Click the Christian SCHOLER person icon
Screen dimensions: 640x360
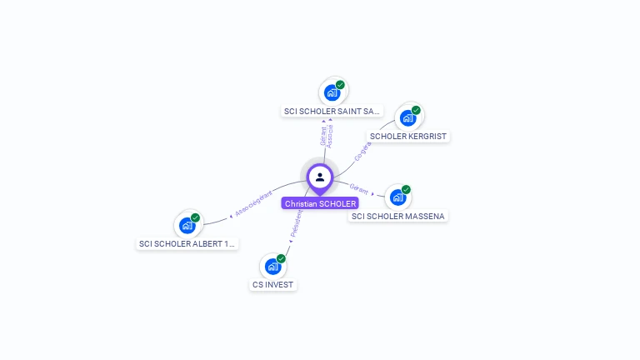click(320, 177)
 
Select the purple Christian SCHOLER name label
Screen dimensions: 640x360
click(320, 203)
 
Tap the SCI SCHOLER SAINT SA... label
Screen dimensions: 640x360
click(332, 111)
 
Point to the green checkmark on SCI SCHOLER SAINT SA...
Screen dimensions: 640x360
click(340, 85)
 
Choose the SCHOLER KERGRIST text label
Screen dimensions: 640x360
click(408, 136)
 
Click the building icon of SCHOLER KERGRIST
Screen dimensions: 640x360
click(407, 117)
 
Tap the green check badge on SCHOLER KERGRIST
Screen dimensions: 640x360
click(416, 110)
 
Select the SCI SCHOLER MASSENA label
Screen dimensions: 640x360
click(398, 216)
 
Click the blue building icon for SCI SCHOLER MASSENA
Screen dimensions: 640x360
click(397, 197)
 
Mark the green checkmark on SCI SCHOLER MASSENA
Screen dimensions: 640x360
click(406, 190)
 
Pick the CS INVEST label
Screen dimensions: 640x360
click(273, 284)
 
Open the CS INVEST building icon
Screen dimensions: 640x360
click(272, 267)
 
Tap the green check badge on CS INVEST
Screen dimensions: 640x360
click(281, 259)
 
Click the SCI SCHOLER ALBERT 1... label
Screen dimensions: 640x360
click(187, 243)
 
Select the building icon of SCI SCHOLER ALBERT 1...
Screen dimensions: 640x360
click(187, 226)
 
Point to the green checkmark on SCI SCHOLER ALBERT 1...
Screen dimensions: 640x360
click(195, 218)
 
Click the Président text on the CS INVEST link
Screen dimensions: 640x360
click(296, 223)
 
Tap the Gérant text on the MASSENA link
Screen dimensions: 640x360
click(359, 187)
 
